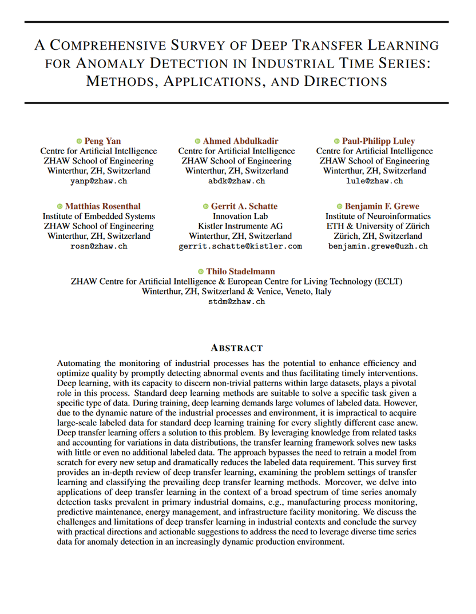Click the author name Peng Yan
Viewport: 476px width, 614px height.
point(102,141)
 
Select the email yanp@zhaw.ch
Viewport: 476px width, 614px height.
point(98,181)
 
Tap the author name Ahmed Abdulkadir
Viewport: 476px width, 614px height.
point(240,141)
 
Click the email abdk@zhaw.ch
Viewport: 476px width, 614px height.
point(236,181)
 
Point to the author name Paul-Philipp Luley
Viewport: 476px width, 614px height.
point(378,141)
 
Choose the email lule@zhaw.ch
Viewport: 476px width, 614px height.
point(374,181)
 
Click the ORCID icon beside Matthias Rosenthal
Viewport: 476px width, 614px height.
point(60,206)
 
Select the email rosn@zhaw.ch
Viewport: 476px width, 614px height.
point(98,246)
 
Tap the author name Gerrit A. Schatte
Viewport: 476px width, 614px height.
point(244,206)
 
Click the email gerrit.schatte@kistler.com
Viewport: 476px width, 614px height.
point(240,246)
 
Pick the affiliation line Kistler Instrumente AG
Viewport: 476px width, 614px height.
point(240,226)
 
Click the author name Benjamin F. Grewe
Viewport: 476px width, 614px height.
point(382,206)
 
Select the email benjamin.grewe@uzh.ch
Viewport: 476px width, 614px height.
point(378,246)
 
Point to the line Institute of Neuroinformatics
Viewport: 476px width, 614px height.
point(378,217)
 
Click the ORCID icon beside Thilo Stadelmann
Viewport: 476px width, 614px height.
point(201,271)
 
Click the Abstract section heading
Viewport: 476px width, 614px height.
point(236,348)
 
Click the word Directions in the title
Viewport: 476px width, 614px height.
point(346,81)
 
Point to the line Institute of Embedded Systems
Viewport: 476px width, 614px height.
point(98,217)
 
